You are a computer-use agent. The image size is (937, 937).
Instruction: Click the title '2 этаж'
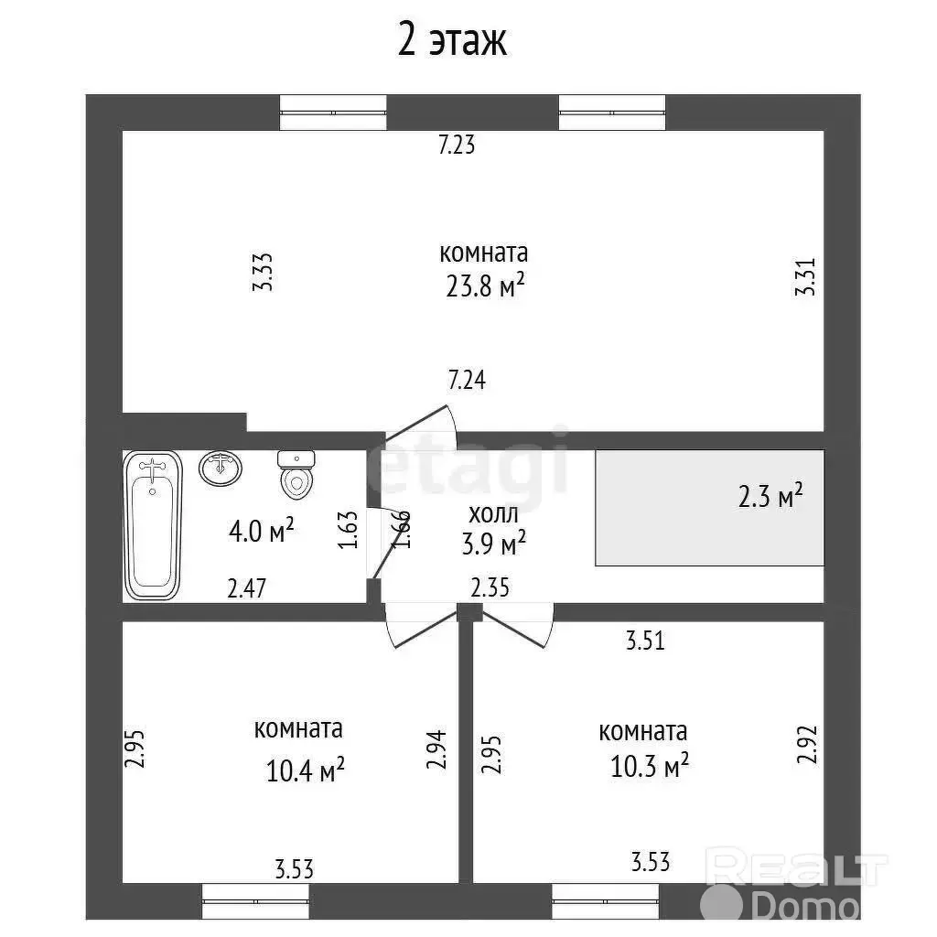(452, 40)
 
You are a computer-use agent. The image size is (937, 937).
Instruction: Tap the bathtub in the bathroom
(153, 525)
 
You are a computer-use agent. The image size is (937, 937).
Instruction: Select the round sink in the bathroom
(221, 468)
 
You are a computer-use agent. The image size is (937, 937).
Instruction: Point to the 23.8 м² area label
(485, 285)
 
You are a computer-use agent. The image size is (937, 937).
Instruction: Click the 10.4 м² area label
(305, 770)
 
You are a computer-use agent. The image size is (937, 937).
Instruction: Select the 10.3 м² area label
(650, 765)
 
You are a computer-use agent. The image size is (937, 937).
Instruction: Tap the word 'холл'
(493, 513)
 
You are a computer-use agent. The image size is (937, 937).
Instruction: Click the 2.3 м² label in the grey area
(770, 496)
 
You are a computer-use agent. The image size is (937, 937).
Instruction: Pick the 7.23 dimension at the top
(457, 145)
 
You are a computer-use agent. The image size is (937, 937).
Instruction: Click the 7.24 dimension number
(467, 380)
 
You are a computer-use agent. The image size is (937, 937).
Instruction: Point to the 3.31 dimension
(805, 276)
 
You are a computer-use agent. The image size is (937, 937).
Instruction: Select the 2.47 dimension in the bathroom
(247, 588)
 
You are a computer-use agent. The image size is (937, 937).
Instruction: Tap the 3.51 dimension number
(645, 641)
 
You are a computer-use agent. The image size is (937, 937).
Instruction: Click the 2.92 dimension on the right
(807, 744)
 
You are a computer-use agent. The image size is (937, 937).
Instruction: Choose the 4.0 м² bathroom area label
(262, 531)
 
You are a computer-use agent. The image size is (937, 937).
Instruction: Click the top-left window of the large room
(333, 113)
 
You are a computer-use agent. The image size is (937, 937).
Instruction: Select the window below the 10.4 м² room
(256, 901)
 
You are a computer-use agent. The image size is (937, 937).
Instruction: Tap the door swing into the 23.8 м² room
(422, 424)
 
